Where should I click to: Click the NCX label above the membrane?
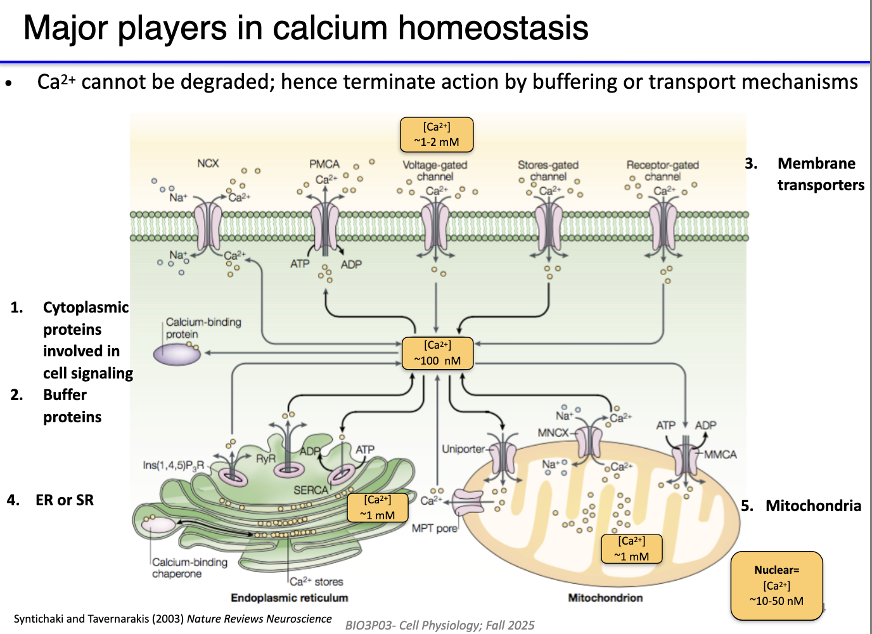[x=207, y=164]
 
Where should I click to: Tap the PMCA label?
[x=324, y=164]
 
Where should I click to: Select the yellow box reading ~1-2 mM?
[x=437, y=135]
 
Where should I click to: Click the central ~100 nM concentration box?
[x=437, y=353]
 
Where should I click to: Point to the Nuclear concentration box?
[x=776, y=586]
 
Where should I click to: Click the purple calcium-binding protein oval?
[x=177, y=354]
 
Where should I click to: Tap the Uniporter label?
[x=463, y=450]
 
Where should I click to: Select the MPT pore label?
[x=434, y=528]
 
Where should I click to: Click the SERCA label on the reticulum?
[x=311, y=490]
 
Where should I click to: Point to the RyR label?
[x=266, y=458]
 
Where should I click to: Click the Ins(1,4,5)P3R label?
[x=173, y=465]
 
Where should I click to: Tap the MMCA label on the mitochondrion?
[x=721, y=455]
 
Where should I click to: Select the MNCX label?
[x=553, y=433]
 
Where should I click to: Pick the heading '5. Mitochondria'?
[x=801, y=506]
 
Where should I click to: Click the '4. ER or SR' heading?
[x=51, y=500]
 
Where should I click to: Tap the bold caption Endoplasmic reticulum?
[x=289, y=598]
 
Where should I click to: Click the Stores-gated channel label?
[x=548, y=171]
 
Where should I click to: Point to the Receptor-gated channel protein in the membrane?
[x=663, y=226]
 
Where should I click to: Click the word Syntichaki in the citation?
[x=39, y=619]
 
